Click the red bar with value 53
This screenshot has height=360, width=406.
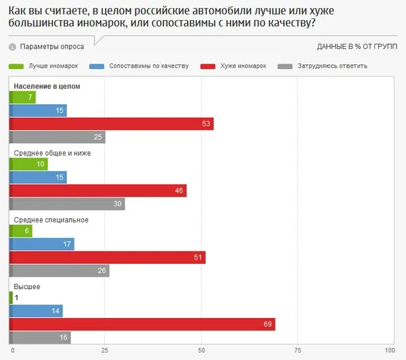112,124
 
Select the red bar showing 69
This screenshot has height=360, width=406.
142,324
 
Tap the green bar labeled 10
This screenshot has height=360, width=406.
28,164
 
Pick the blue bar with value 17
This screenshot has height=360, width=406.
42,244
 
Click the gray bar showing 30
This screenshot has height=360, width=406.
67,204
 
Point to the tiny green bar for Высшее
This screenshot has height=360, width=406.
11,298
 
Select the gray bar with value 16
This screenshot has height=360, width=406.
40,338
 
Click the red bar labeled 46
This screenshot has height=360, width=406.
98,191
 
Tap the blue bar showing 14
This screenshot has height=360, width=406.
36,311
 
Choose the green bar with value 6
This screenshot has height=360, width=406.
21,231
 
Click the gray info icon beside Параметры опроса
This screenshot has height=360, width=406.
12,47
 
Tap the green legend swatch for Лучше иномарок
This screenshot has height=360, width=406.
16,66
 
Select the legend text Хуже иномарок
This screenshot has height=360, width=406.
243,66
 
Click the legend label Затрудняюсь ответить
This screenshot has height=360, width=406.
332,66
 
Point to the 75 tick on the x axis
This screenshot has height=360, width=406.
298,351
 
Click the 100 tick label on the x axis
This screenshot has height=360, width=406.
390,351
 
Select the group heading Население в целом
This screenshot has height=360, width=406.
47,86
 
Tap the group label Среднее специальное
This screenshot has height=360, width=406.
51,220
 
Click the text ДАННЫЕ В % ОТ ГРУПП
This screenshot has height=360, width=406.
357,47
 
